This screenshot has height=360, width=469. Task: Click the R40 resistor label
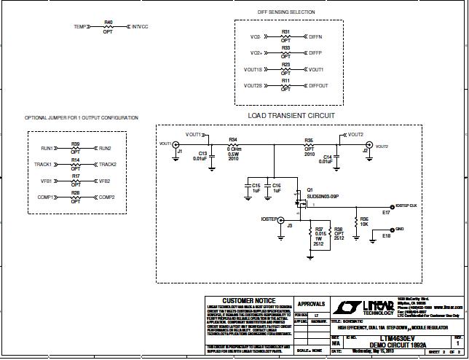(x=109, y=22)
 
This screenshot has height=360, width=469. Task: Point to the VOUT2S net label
(x=253, y=86)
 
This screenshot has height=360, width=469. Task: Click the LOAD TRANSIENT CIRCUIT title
(x=291, y=116)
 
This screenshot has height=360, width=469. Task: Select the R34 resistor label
(x=233, y=139)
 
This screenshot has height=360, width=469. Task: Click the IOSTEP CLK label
(x=404, y=206)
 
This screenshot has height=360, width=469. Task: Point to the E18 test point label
(x=386, y=235)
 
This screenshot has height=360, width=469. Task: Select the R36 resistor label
(x=364, y=218)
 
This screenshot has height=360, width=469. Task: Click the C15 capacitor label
(x=256, y=186)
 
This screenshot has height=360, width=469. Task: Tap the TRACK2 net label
(x=108, y=165)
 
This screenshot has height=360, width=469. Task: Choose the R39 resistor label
(x=75, y=144)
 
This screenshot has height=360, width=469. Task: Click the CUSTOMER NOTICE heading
(x=248, y=300)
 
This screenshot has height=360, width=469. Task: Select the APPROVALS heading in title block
(x=312, y=303)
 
